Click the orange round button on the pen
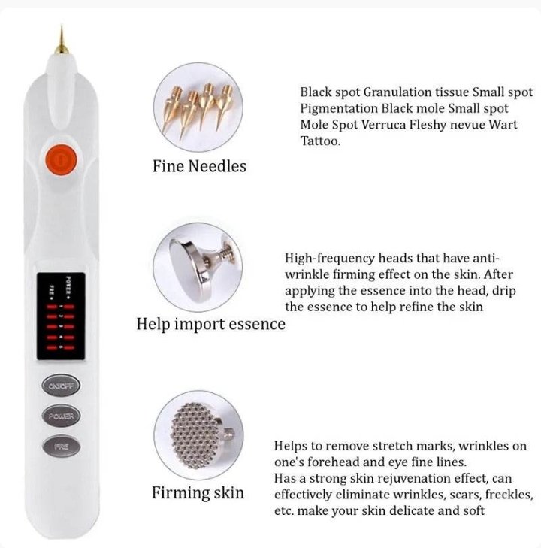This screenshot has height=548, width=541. (x=62, y=160)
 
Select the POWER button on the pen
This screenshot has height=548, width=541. (x=62, y=416)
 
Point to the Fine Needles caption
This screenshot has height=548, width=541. (x=199, y=166)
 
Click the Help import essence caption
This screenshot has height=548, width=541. (x=210, y=324)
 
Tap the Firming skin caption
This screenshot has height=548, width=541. (x=198, y=493)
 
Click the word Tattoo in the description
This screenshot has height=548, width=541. (x=320, y=141)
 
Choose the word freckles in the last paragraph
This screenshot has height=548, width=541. (x=506, y=495)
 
